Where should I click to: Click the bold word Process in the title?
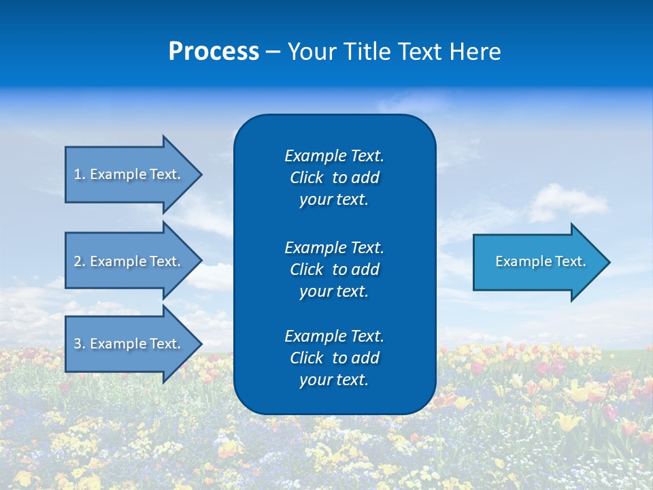[214, 51]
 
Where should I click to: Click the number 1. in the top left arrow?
[80, 174]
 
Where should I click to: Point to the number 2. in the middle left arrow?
[80, 261]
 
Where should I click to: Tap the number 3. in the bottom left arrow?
[80, 344]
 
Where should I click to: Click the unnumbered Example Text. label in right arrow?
[541, 261]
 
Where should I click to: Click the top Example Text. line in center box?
[334, 156]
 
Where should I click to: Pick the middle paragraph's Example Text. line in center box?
[334, 247]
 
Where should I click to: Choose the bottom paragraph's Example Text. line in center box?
[334, 336]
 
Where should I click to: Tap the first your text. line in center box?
[334, 200]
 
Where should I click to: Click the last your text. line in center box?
[334, 380]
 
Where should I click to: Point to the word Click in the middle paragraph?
[306, 269]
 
